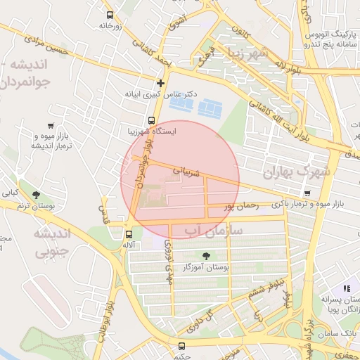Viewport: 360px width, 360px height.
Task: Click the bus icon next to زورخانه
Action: (109, 15)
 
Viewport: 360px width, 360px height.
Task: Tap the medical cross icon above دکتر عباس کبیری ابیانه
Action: (160, 83)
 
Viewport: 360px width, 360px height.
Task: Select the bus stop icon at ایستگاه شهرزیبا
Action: (151, 120)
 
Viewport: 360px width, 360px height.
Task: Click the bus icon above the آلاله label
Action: (129, 235)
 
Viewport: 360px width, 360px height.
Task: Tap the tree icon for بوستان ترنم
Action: (36, 194)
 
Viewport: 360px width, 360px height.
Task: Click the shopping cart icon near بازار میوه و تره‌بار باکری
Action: (307, 193)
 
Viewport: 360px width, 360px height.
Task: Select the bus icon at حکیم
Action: (182, 346)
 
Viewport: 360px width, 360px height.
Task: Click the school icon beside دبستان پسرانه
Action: (346, 288)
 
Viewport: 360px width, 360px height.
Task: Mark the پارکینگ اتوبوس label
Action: (330, 35)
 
